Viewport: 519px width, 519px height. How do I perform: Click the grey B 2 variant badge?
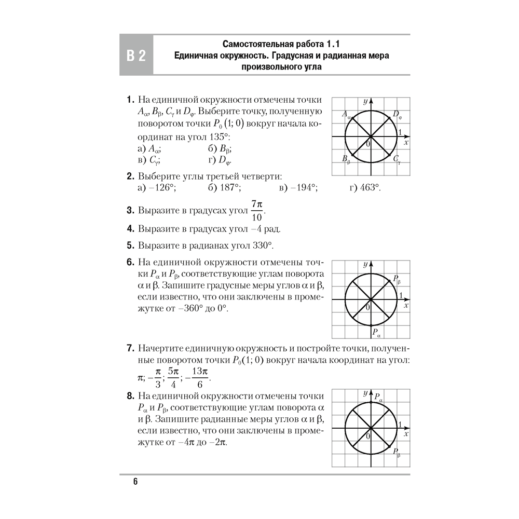point(136,56)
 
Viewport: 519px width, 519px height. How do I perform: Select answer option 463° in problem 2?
point(365,188)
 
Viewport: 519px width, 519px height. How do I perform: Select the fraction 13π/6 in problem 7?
point(200,377)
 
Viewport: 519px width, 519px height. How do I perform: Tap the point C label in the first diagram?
point(397,159)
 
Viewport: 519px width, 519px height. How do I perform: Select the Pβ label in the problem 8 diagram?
point(397,453)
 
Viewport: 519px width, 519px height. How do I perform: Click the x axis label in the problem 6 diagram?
point(406,306)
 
